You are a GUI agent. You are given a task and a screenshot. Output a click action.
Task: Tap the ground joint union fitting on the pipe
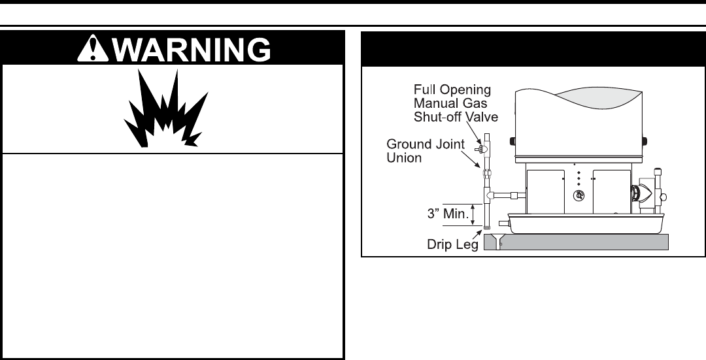tap(487, 176)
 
